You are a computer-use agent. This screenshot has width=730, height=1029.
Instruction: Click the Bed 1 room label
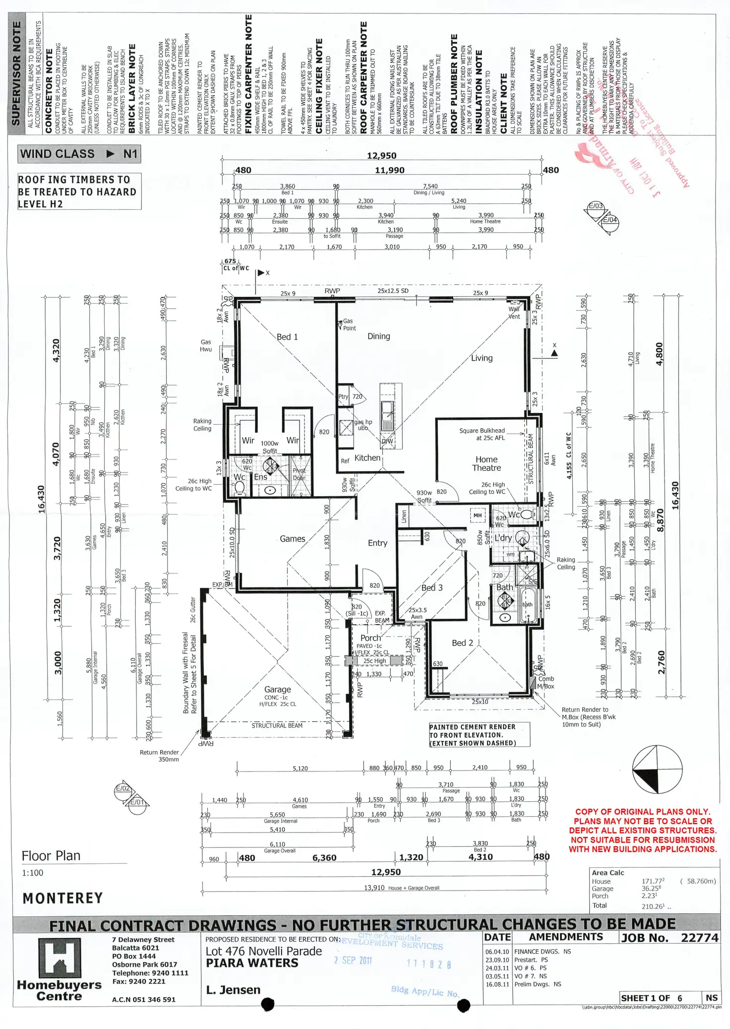pos(287,337)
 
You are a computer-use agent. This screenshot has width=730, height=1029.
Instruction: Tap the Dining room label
pos(378,336)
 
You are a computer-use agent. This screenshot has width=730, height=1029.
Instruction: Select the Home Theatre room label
pos(487,463)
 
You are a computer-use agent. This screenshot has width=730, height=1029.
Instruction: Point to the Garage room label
pos(277,689)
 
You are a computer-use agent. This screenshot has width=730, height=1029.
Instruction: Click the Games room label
pos(292,538)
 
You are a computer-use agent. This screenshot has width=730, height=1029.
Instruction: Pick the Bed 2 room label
pos(462,643)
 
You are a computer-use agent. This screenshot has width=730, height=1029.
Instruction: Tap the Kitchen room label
pos(367,458)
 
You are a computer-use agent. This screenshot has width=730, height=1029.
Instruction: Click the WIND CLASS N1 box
pos(79,154)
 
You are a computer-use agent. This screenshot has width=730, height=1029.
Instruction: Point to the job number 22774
pos(699,938)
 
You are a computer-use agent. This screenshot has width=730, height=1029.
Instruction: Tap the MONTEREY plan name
pos(62,898)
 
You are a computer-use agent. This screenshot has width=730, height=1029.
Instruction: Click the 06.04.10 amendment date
pos(497,952)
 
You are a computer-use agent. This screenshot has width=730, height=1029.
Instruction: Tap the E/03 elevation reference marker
pos(595,206)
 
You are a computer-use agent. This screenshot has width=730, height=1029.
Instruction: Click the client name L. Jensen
pos(233,990)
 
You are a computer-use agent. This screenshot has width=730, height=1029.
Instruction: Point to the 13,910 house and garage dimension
pos(374,888)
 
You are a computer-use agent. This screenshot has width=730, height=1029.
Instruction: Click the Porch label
pos(370,638)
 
